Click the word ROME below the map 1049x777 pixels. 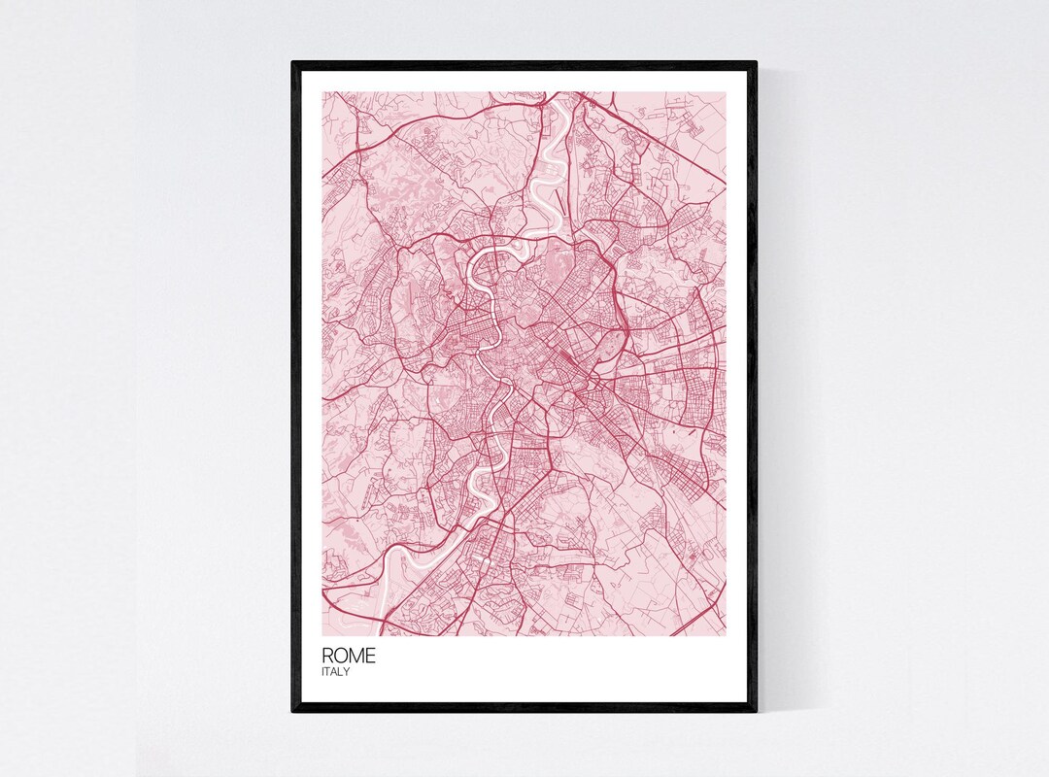pos(348,656)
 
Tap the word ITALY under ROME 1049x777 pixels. pos(336,671)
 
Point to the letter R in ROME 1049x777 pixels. pos(328,656)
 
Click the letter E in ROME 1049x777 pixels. pos(369,656)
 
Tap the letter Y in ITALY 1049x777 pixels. pos(347,671)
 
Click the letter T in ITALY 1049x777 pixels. pos(328,671)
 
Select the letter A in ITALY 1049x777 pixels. pos(335,671)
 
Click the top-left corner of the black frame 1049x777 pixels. pos(292,62)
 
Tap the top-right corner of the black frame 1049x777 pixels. pos(757,62)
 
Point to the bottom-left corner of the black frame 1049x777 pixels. pos(292,712)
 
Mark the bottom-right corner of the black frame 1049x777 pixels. pos(757,712)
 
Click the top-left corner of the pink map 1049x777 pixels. pos(322,92)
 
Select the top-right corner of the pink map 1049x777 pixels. pos(726,92)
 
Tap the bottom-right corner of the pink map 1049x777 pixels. pos(726,636)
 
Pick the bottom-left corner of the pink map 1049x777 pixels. pos(322,636)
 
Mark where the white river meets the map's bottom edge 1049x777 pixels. pos(373,634)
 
